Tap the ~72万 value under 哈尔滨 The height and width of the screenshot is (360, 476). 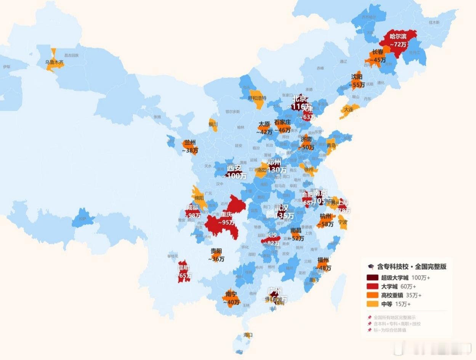tap(398, 45)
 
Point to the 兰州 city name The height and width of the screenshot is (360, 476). tap(189, 143)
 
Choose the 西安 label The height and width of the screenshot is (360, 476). tap(234, 168)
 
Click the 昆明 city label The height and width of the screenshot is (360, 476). tap(183, 268)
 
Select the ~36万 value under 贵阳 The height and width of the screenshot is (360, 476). tap(216, 259)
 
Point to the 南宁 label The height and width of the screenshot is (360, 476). tap(231, 294)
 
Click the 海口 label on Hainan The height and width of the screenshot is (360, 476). tap(248, 335)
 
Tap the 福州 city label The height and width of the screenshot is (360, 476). tap(323, 260)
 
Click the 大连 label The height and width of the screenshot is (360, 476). tap(349, 109)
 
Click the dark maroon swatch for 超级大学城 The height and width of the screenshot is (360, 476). tap(372, 278)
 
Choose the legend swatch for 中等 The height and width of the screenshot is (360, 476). tap(372, 304)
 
